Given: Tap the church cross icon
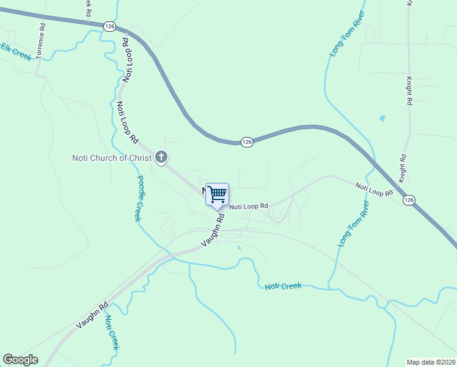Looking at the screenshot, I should click(161, 158).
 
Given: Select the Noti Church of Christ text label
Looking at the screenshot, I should click(112, 158).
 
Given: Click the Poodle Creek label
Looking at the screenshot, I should click(139, 198).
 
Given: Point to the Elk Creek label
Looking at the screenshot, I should click(16, 51).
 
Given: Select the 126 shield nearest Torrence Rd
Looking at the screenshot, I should click(109, 26).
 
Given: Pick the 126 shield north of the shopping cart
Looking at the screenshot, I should click(246, 141).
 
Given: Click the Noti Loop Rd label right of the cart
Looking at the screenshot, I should click(249, 206).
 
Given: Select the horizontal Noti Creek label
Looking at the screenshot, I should click(283, 286).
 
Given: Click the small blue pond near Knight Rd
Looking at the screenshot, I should click(382, 117).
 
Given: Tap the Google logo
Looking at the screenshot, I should click(20, 360).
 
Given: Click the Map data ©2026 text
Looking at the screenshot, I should click(431, 362).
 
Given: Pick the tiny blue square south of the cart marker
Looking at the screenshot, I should click(239, 248).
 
